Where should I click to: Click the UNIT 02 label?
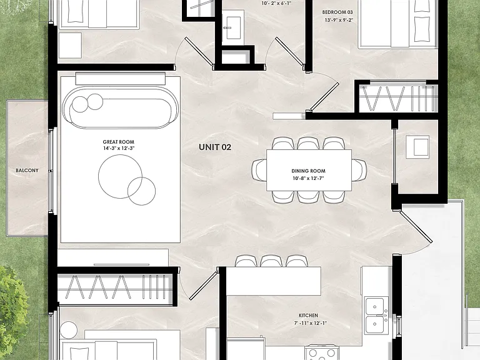pos(215,147)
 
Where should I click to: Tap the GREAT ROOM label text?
pos(119,142)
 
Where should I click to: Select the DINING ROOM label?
pos(308,171)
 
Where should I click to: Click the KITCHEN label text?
pos(308,315)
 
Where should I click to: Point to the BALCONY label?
pos(27,170)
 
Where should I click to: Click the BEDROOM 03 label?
pos(337,12)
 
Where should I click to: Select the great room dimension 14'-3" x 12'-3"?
pos(119,149)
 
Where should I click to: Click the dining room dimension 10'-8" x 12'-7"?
pos(308,178)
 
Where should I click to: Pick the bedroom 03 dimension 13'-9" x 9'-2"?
pos(339,20)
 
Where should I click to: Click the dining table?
pos(309,170)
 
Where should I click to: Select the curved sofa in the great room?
pos(121,107)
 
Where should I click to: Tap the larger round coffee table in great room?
pos(120,176)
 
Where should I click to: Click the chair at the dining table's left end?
pos(259,170)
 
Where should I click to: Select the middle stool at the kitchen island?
pos(271,261)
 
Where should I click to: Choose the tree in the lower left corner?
pos(12,312)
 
